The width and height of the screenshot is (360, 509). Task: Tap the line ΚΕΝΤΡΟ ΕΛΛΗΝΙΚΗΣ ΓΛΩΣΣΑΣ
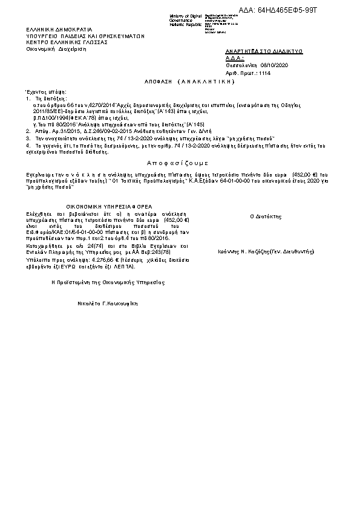(x=67, y=43)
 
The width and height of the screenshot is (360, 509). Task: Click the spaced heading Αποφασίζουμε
(x=178, y=163)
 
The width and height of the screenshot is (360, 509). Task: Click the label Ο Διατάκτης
(x=264, y=216)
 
